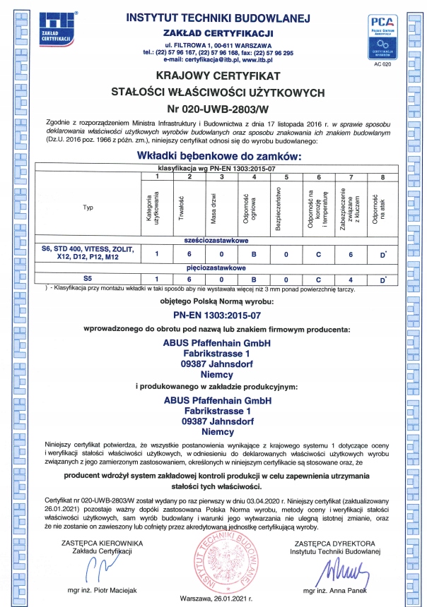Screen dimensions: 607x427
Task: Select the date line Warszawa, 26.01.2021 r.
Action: pos(217,596)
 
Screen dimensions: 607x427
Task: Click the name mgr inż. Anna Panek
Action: pos(335,589)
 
